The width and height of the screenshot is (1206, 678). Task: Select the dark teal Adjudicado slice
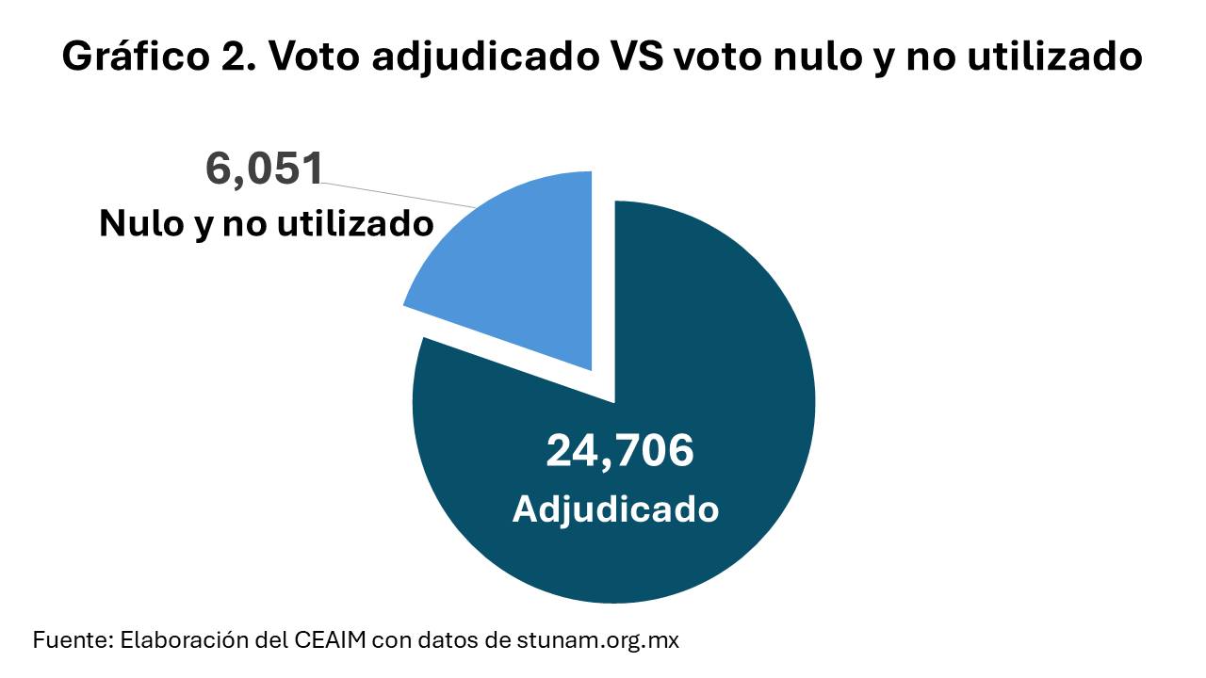click(x=660, y=377)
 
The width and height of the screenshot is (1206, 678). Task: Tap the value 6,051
click(x=265, y=169)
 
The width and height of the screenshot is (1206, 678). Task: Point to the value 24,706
click(x=619, y=451)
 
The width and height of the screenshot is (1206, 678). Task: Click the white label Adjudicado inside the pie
click(x=615, y=509)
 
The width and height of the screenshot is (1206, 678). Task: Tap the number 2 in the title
click(x=230, y=58)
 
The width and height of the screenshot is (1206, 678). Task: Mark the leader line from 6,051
click(x=400, y=193)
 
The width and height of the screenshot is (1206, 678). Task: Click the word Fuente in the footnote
click(x=71, y=640)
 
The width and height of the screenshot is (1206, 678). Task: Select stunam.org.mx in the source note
click(x=597, y=640)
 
